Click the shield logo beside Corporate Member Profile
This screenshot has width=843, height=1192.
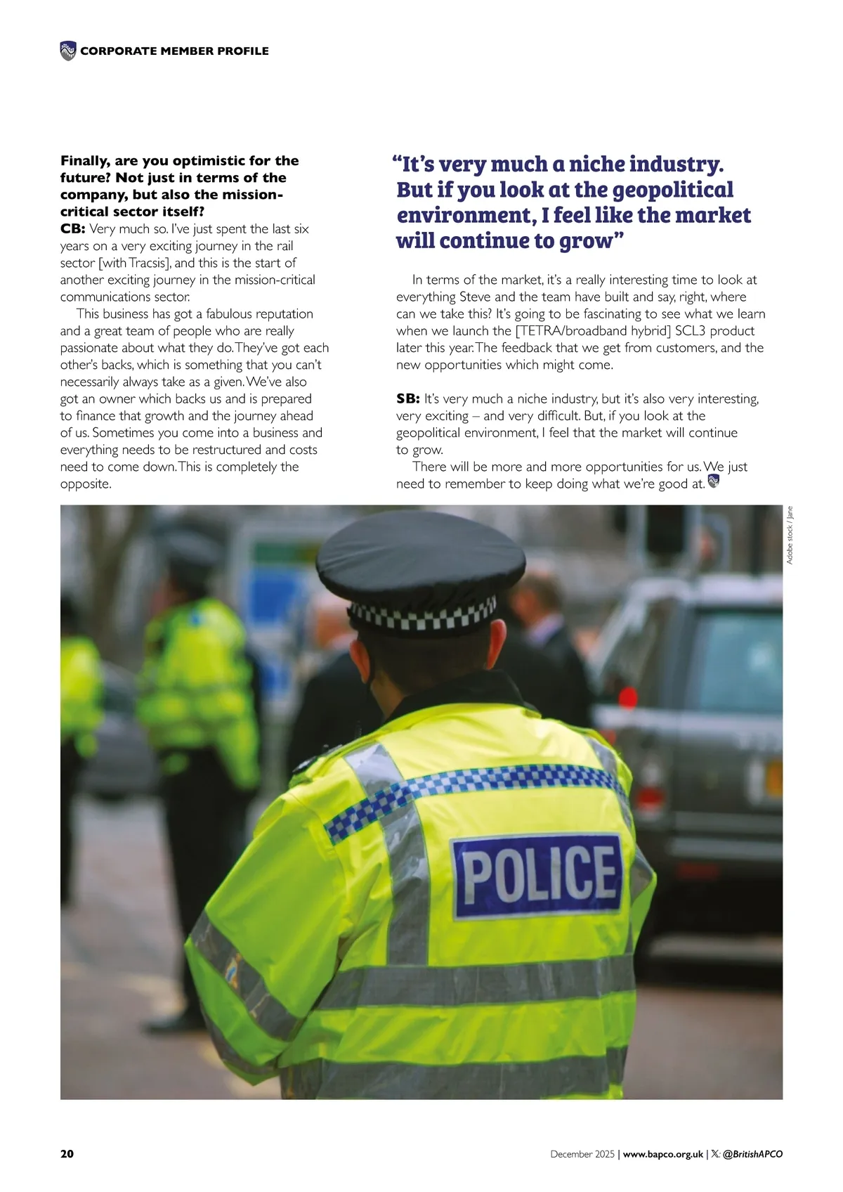tap(68, 51)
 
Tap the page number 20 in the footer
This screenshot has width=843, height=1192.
tap(67, 1154)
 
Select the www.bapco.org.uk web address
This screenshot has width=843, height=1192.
tap(662, 1154)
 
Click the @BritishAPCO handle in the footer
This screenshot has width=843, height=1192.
tap(752, 1154)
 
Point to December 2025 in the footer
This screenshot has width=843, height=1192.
tap(582, 1154)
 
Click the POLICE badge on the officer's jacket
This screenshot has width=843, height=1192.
tap(538, 875)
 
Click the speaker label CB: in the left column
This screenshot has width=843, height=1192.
tap(72, 229)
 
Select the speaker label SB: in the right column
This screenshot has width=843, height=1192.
tap(407, 399)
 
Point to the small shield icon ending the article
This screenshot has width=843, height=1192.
tap(714, 481)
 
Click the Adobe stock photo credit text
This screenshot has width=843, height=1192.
tap(790, 535)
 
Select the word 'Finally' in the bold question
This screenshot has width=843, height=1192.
tap(84, 161)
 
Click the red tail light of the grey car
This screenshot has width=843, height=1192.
tap(627, 698)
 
